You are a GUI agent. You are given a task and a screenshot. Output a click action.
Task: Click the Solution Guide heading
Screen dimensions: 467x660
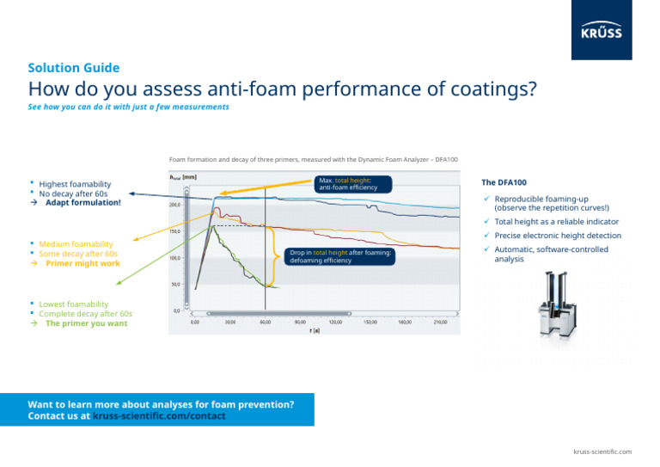click(x=73, y=68)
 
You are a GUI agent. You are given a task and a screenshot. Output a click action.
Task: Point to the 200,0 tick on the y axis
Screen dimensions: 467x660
click(x=174, y=205)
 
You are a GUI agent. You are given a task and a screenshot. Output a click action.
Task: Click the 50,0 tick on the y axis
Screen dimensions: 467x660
click(x=174, y=284)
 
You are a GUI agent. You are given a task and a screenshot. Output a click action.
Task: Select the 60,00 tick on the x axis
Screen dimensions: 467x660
click(x=265, y=322)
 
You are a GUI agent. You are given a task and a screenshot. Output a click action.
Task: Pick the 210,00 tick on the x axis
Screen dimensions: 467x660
click(x=441, y=322)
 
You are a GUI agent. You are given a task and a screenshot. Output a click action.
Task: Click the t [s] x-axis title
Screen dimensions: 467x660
click(x=316, y=329)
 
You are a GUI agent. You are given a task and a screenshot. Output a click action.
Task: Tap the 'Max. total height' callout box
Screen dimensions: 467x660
click(x=353, y=184)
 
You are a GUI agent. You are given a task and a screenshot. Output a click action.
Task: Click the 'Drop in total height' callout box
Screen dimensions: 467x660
click(x=340, y=256)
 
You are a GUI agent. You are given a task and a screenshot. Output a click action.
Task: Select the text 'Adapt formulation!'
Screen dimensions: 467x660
click(x=83, y=203)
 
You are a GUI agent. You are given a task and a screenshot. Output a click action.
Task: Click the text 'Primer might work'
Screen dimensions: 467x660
click(x=82, y=264)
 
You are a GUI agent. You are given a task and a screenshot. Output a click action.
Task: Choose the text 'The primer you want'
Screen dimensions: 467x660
click(x=86, y=324)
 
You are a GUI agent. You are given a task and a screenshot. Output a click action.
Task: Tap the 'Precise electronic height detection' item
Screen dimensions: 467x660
click(x=557, y=236)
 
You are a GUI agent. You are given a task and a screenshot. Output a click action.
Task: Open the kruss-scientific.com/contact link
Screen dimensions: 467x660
click(x=159, y=416)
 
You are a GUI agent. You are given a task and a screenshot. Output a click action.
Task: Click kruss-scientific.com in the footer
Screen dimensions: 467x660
click(x=603, y=452)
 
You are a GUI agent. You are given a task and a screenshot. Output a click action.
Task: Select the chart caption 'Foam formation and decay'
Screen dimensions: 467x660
click(x=313, y=160)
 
